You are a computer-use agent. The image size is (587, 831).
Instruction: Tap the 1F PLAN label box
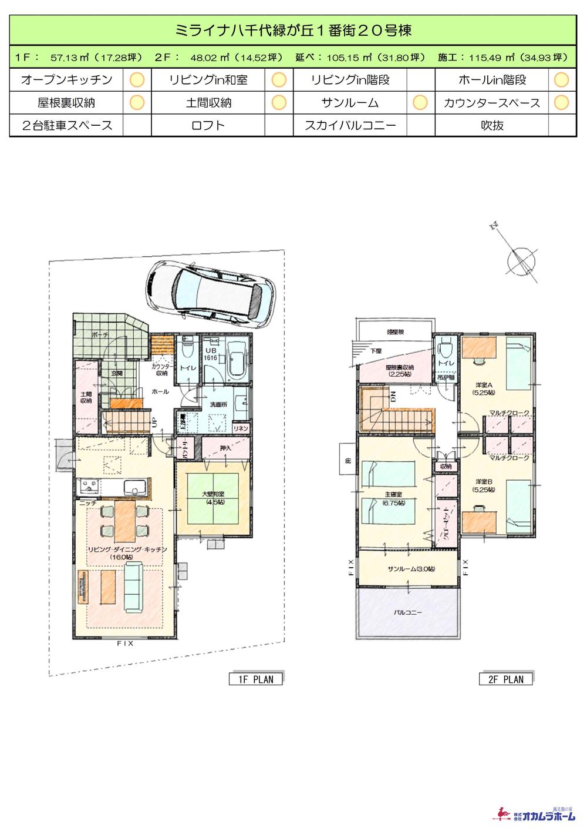tap(255, 679)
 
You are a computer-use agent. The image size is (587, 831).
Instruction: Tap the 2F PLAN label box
tap(505, 679)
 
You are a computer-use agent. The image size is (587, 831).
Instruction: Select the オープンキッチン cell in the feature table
tap(66, 80)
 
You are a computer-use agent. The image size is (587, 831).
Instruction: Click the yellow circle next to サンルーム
tap(420, 103)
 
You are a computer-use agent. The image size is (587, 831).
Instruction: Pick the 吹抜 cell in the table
tap(491, 125)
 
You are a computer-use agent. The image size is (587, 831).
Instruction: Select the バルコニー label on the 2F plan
tap(407, 613)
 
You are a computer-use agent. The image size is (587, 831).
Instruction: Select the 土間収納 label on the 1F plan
tap(86, 397)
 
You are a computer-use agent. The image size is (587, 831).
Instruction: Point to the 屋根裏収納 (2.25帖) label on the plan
tap(399, 371)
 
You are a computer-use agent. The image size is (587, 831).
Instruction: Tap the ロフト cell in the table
tap(208, 125)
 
